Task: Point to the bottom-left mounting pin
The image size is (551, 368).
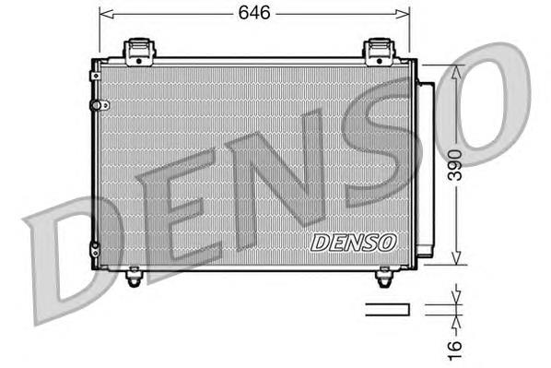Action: pyautogui.click(x=134, y=274)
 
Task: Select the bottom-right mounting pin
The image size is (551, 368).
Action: pyautogui.click(x=385, y=274)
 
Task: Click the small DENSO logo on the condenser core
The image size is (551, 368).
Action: pyautogui.click(x=353, y=243)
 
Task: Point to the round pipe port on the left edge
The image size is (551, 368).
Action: pyautogui.click(x=93, y=107)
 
